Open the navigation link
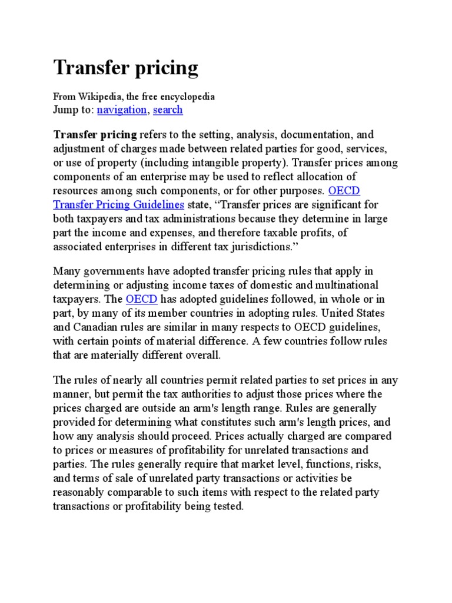122,110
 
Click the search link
168,110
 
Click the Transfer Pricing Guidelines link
119,205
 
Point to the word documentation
314,135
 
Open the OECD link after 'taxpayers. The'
141,299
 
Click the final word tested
227,506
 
